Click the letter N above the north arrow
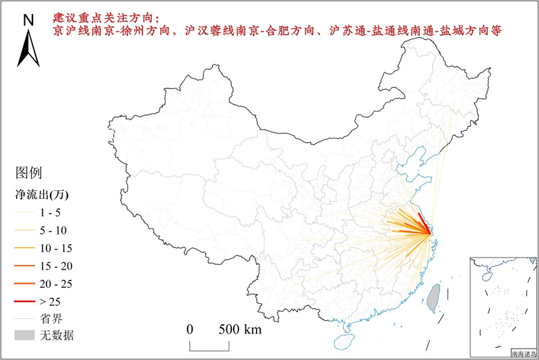(x=28, y=20)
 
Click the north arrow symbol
(x=28, y=51)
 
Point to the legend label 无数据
(x=57, y=335)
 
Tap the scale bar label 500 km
(x=240, y=330)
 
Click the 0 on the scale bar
(x=190, y=330)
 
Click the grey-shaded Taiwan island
(x=435, y=295)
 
